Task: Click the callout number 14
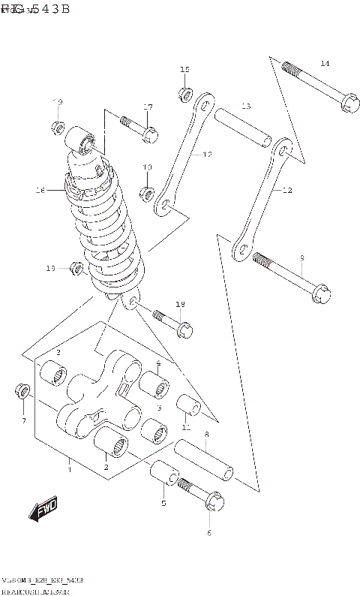point(324,63)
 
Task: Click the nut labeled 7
point(22,392)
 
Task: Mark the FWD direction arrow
point(45,511)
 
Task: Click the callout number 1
point(69,471)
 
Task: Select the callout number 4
point(158,364)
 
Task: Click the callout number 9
point(301,258)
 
